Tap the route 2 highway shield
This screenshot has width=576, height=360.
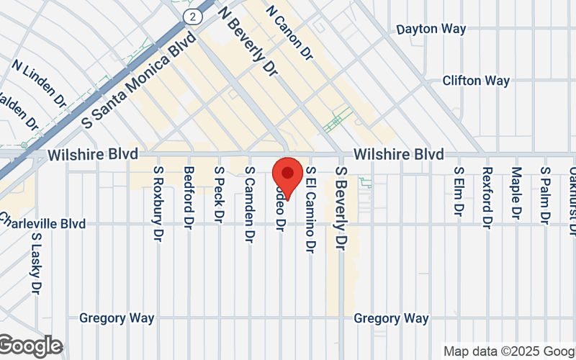pos(192,15)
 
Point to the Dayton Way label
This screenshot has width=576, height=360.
pos(431,30)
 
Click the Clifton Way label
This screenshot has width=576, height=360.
pos(476,81)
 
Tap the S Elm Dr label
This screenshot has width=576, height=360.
pos(457,191)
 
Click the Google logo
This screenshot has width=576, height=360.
pos(30,346)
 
